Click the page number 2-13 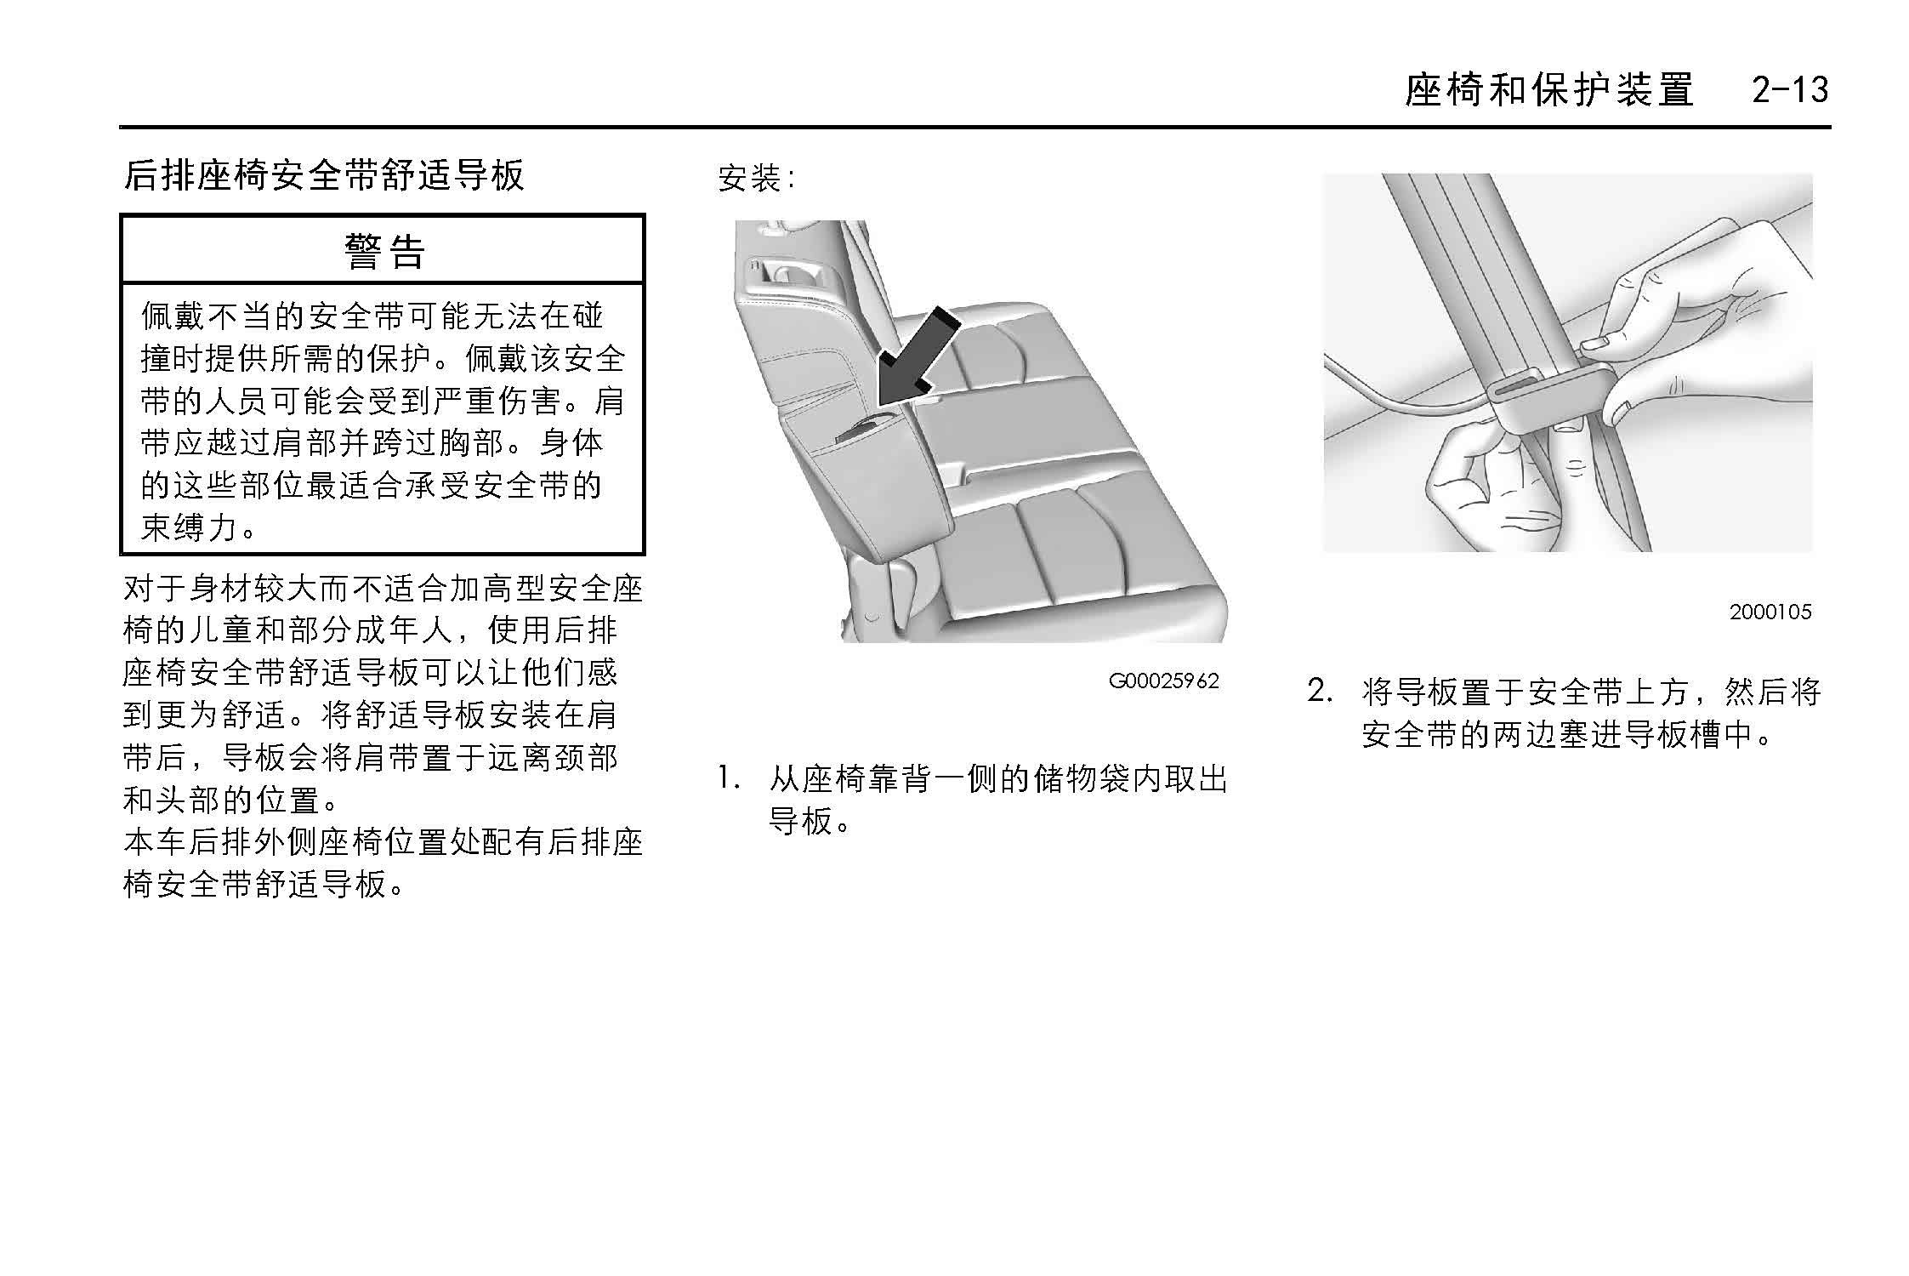[x=1790, y=89]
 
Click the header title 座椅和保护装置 [x=1549, y=89]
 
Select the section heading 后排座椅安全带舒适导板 [x=324, y=175]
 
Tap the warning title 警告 [x=384, y=251]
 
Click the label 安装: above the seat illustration [x=756, y=179]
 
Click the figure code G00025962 [x=1163, y=681]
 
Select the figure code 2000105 [x=1770, y=612]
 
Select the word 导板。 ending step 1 [x=810, y=821]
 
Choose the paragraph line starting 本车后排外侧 [x=383, y=842]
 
